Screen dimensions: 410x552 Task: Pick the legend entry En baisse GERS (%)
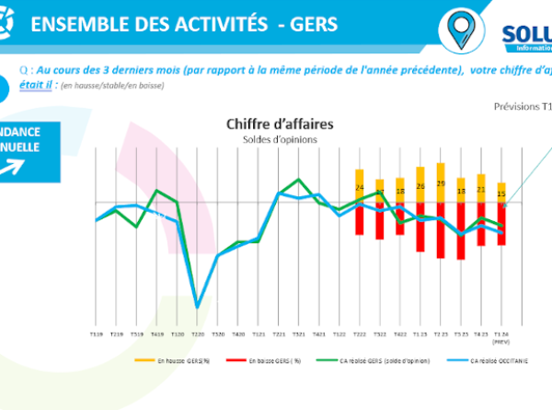[x=276, y=362]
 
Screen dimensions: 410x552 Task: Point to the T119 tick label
[x=96, y=334]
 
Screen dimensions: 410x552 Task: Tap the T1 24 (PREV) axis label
[x=501, y=336]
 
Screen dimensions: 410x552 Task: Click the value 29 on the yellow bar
[x=441, y=183]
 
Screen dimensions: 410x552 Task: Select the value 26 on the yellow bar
[x=420, y=186]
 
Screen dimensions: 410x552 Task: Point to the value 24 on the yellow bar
[x=360, y=188]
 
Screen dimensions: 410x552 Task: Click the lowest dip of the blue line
[x=197, y=307]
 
